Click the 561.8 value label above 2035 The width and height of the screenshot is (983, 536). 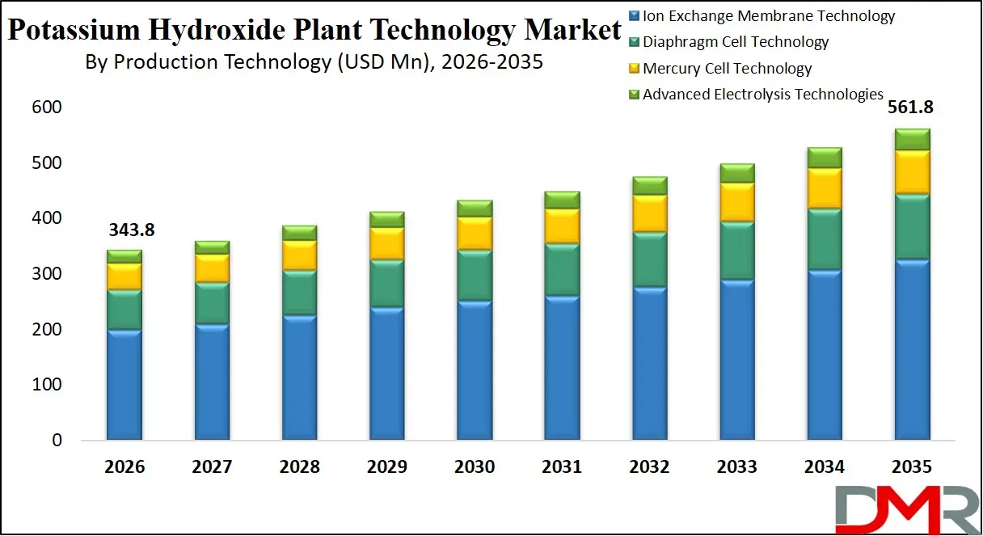[913, 109]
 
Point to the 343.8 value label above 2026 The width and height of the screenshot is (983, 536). [131, 230]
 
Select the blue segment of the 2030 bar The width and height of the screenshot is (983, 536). [474, 370]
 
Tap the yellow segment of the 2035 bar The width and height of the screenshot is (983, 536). [912, 171]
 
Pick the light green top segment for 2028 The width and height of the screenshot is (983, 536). [299, 233]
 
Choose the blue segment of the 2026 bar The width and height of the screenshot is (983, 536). [124, 384]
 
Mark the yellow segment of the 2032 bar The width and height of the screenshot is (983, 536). [649, 213]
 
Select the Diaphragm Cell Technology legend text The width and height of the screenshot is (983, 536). [736, 42]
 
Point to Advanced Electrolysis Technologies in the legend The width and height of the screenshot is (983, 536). [762, 95]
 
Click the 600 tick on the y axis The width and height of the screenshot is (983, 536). [46, 108]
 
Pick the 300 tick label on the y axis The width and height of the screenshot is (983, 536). [46, 274]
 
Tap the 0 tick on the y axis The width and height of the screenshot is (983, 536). [56, 441]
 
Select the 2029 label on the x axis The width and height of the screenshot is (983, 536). [386, 467]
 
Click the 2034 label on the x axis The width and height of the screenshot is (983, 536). [825, 467]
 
